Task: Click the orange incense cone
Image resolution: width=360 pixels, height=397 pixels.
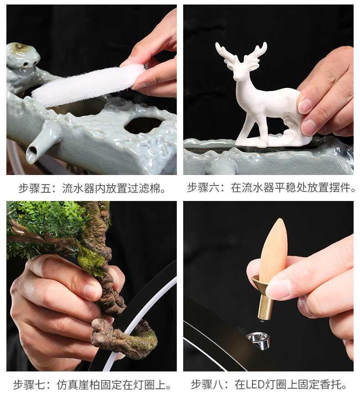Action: click(x=273, y=248)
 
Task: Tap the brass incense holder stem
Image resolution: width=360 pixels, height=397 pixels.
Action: click(x=265, y=306)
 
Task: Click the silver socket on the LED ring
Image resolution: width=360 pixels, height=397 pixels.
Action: click(x=258, y=340)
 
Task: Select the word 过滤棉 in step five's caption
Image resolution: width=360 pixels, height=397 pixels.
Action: click(x=148, y=188)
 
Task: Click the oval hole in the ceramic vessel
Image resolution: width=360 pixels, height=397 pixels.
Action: click(x=143, y=124)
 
